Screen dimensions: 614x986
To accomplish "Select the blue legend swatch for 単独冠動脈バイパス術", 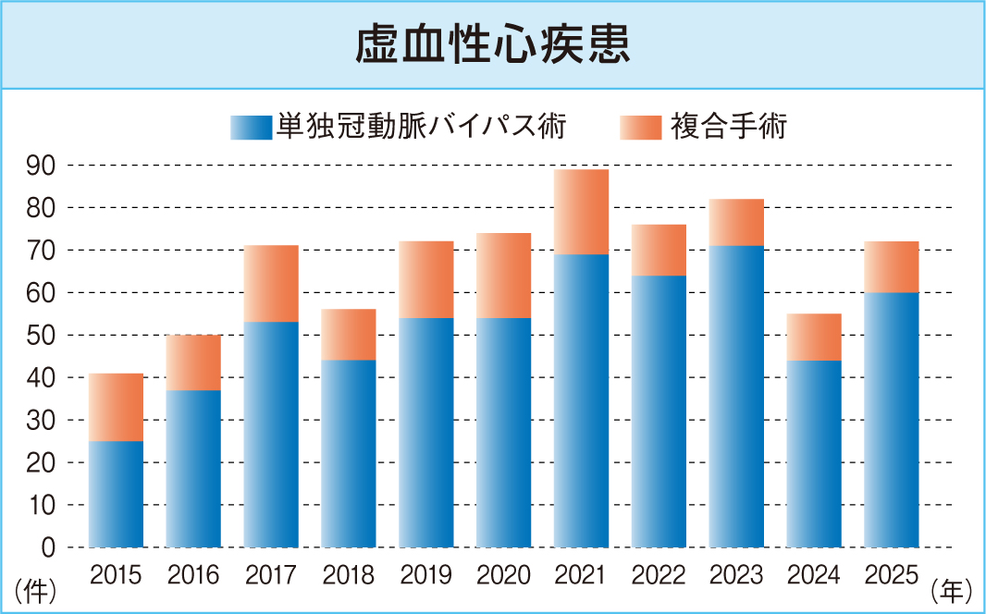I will pos(251,128).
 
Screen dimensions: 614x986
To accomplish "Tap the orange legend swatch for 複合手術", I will pos(641,128).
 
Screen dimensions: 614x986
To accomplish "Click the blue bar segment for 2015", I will pos(116,494).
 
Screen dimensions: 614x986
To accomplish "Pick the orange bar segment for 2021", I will pos(582,212).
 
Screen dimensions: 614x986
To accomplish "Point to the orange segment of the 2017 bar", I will pos(271,284).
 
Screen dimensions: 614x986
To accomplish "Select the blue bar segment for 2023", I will pos(736,396).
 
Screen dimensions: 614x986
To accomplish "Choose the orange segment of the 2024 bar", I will pos(814,337).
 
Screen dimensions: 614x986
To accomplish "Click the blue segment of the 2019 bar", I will pos(426,432).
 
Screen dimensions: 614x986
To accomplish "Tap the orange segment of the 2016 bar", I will pos(193,362).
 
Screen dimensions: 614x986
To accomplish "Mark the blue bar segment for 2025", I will pos(892,420).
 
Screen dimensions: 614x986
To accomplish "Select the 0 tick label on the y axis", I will pos(49,547).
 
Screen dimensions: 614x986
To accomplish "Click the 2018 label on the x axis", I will pos(349,575).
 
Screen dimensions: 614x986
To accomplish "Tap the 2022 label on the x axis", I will pos(659,575).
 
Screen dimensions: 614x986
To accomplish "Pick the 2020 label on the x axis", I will pos(504,575).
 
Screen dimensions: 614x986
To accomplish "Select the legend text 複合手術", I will pos(730,127).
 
